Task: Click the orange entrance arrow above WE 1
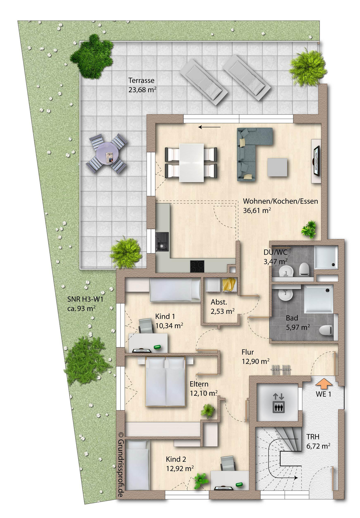click(x=324, y=383)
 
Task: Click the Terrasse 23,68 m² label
click(x=142, y=85)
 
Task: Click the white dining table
click(x=192, y=162)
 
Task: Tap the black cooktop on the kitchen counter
click(x=197, y=266)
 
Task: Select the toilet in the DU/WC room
click(x=304, y=269)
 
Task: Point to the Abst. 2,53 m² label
click(x=222, y=307)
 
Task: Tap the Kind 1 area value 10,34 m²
click(x=169, y=326)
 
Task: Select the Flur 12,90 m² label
click(x=256, y=356)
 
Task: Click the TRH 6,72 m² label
click(x=318, y=441)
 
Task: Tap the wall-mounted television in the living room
click(x=316, y=161)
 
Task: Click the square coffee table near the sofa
click(x=277, y=167)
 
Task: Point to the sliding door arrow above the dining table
click(x=209, y=127)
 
